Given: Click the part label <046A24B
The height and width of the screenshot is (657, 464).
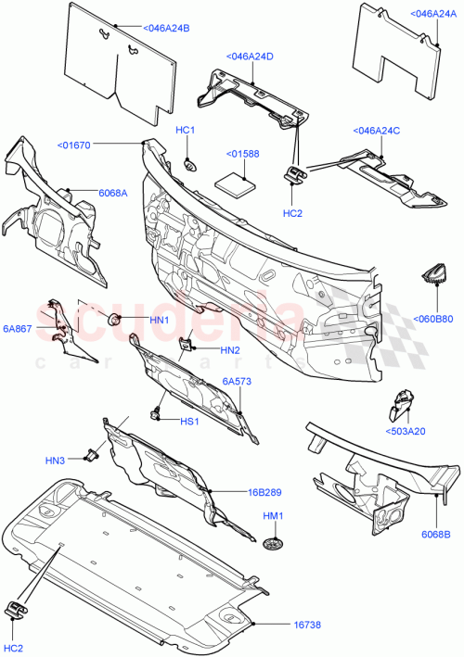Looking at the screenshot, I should (x=163, y=29).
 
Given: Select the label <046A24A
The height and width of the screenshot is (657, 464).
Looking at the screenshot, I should (x=432, y=14).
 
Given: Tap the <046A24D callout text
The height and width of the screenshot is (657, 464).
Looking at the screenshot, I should (x=249, y=57).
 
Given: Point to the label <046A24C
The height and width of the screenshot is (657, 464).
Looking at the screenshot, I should (x=376, y=131).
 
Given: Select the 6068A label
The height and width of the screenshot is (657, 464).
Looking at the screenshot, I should (x=113, y=192).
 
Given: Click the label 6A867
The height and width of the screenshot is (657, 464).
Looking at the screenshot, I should (x=19, y=328).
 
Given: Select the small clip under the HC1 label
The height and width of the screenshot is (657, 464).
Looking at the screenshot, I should (x=189, y=165).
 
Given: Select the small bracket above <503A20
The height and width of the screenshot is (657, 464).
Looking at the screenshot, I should (x=402, y=405).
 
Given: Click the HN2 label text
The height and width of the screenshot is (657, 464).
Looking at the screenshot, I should (x=230, y=349).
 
